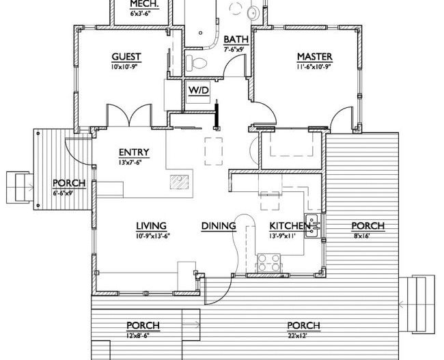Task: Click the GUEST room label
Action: coord(126,57)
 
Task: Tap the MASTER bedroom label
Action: coord(315,57)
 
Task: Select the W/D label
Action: coord(199,90)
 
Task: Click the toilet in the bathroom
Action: coord(196,62)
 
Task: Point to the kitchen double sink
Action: coord(313,225)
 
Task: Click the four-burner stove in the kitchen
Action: coord(268,264)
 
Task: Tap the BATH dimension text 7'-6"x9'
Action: coord(234,50)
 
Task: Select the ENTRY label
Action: coord(134,152)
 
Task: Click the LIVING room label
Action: coord(152,226)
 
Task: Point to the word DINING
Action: coord(219,226)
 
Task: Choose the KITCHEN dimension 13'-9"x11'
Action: coord(282,236)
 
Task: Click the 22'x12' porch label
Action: coord(297,336)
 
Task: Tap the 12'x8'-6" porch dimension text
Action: coord(138,336)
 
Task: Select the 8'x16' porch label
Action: coord(361,236)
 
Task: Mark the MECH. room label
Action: coord(144,4)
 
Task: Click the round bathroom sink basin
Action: coord(253,13)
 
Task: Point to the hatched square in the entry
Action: coord(179,182)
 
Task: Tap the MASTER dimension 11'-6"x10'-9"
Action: coord(314,66)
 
